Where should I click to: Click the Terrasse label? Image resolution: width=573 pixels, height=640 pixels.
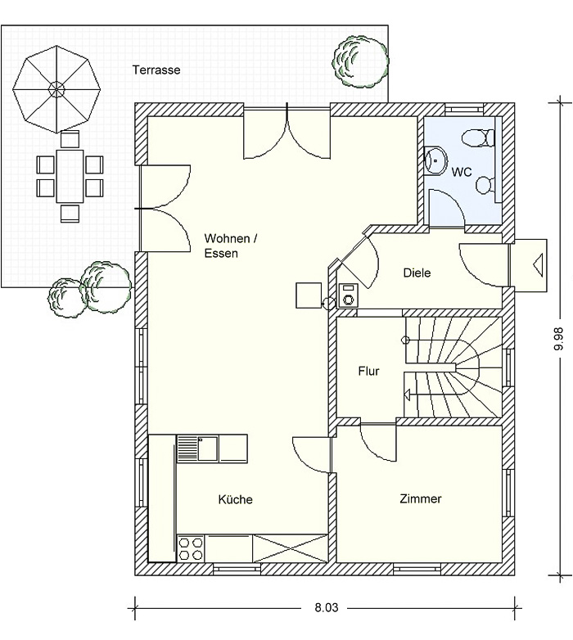(156, 70)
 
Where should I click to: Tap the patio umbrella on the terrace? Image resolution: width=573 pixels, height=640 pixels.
(56, 89)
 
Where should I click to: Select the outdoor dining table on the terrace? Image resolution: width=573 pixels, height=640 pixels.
(70, 176)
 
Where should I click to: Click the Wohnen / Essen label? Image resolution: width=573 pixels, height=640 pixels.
(231, 246)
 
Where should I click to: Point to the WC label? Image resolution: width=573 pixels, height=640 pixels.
(462, 172)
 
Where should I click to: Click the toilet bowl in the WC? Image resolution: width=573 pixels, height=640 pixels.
(478, 138)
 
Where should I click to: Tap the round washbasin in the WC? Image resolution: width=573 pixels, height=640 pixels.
(435, 160)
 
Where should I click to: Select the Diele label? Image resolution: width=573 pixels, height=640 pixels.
(417, 273)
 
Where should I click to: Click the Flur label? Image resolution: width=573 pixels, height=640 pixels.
(368, 371)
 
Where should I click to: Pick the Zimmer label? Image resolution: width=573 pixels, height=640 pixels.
(421, 498)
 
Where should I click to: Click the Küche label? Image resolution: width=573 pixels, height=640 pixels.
(236, 499)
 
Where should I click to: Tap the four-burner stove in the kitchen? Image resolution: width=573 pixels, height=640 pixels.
(191, 548)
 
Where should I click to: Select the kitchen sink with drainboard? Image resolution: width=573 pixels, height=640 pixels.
(197, 448)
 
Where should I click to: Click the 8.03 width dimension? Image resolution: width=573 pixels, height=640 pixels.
(327, 608)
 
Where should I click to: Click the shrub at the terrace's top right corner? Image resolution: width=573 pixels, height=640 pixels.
(360, 61)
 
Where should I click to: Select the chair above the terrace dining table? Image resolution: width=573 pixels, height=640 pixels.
(70, 139)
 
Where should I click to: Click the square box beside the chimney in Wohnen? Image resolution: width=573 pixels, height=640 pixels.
(309, 295)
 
